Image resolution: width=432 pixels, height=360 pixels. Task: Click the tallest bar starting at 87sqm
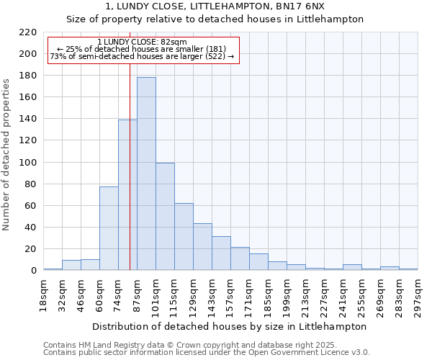pyautogui.click(x=146, y=174)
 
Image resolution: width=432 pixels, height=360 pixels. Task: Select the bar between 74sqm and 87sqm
pyautogui.click(x=127, y=195)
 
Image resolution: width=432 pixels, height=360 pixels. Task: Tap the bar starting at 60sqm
pyautogui.click(x=109, y=228)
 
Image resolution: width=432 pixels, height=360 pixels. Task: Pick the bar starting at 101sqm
pyautogui.click(x=165, y=217)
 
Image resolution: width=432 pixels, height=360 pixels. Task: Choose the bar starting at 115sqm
pyautogui.click(x=184, y=237)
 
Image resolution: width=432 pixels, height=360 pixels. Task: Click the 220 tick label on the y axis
pyautogui.click(x=28, y=32)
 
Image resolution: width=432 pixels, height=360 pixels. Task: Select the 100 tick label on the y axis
pyautogui.click(x=28, y=163)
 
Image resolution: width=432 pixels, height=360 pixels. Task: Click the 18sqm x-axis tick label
pyautogui.click(x=44, y=294)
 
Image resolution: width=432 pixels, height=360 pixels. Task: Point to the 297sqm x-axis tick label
pyautogui.click(x=418, y=294)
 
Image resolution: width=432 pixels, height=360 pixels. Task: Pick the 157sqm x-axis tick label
pyautogui.click(x=231, y=296)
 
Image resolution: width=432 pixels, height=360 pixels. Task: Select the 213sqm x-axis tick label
pyautogui.click(x=306, y=296)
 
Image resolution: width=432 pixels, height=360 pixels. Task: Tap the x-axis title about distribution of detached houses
pyautogui.click(x=230, y=326)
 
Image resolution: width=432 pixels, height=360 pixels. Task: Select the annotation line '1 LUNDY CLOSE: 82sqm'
pyautogui.click(x=142, y=42)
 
